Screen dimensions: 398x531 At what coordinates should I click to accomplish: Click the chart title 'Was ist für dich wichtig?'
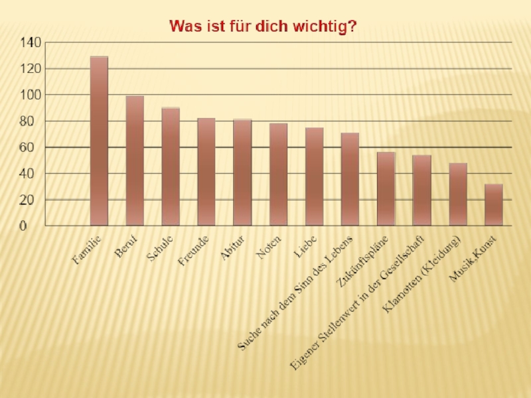pyautogui.click(x=264, y=26)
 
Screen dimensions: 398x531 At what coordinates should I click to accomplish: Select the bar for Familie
pyautogui.click(x=99, y=141)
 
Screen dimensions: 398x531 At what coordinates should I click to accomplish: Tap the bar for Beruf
pyautogui.click(x=135, y=161)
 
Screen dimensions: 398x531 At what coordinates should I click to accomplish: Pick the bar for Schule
pyautogui.click(x=171, y=166)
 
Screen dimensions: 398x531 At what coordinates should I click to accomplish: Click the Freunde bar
pyautogui.click(x=206, y=172)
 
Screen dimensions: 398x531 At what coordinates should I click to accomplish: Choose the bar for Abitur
pyautogui.click(x=242, y=172)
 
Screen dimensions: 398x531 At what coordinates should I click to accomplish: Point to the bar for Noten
pyautogui.click(x=278, y=174)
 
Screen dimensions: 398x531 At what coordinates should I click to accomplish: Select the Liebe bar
pyautogui.click(x=314, y=176)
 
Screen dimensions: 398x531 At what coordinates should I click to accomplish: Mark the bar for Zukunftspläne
pyautogui.click(x=386, y=189)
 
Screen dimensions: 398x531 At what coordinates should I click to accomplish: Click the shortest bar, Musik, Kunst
pyautogui.click(x=493, y=205)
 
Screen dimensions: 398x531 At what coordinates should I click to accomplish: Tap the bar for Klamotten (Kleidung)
pyautogui.click(x=457, y=194)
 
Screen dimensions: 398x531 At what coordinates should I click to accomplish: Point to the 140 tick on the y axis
pyautogui.click(x=31, y=42)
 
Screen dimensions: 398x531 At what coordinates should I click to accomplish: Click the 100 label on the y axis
pyautogui.click(x=31, y=95)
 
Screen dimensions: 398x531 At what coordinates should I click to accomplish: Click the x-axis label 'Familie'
pyautogui.click(x=87, y=251)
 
